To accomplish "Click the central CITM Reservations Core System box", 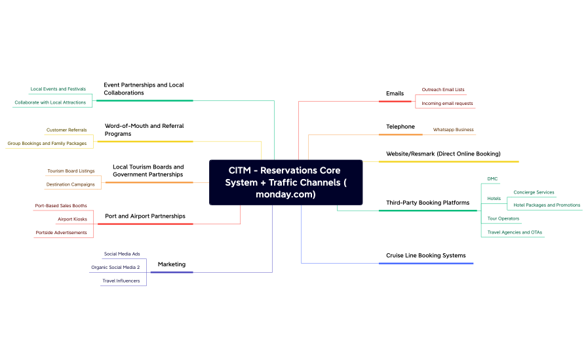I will (x=286, y=182).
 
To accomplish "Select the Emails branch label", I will (x=395, y=93).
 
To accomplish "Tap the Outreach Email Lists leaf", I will (x=442, y=89).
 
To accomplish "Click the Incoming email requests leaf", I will (x=447, y=103).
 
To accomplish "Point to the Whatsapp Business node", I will (x=453, y=130).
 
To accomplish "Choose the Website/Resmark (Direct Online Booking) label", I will (x=443, y=153).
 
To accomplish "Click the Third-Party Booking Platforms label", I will (x=427, y=203).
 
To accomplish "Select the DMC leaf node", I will (x=492, y=178).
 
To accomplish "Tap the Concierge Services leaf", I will (x=534, y=192).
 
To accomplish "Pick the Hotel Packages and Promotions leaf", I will (x=547, y=205).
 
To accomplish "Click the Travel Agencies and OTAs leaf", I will (x=515, y=232).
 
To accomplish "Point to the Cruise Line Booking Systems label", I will (x=425, y=255).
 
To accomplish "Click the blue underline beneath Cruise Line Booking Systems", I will (x=425, y=263).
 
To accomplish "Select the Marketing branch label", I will (x=172, y=264).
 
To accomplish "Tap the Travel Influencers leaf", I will (x=121, y=281).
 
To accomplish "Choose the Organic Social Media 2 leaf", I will (x=115, y=267).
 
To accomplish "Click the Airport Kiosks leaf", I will (x=72, y=219).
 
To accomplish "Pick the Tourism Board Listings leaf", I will (x=71, y=171).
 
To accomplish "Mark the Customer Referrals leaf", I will (x=66, y=130).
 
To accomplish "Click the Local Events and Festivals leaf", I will (x=58, y=89).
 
